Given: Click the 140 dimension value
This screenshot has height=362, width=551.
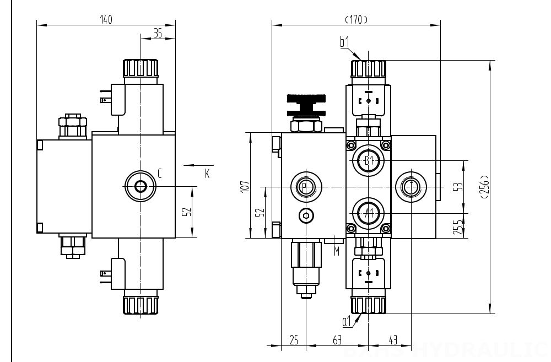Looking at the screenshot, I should tap(106, 20).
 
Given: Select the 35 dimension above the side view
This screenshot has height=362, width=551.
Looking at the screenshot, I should tap(158, 34).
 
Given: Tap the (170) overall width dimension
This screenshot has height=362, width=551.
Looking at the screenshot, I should tap(356, 20).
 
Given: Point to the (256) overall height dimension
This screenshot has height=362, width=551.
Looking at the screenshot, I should tap(484, 187).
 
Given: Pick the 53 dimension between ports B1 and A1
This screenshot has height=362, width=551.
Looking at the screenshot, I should tap(456, 187).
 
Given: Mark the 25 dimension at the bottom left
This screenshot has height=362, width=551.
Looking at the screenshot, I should tap(294, 341).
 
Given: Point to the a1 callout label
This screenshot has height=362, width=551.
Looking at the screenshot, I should tap(347, 321).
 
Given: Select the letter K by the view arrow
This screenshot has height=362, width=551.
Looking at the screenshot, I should tap(207, 174).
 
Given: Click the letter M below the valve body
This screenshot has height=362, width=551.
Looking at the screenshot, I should tap(337, 251).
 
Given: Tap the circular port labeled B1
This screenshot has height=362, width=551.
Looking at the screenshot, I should tap(369, 161).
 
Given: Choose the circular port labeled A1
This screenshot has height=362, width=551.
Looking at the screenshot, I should tap(369, 213).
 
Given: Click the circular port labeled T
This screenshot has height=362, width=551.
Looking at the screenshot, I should tap(410, 187).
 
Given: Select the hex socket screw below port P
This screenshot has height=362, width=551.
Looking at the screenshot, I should tap(306, 215).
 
